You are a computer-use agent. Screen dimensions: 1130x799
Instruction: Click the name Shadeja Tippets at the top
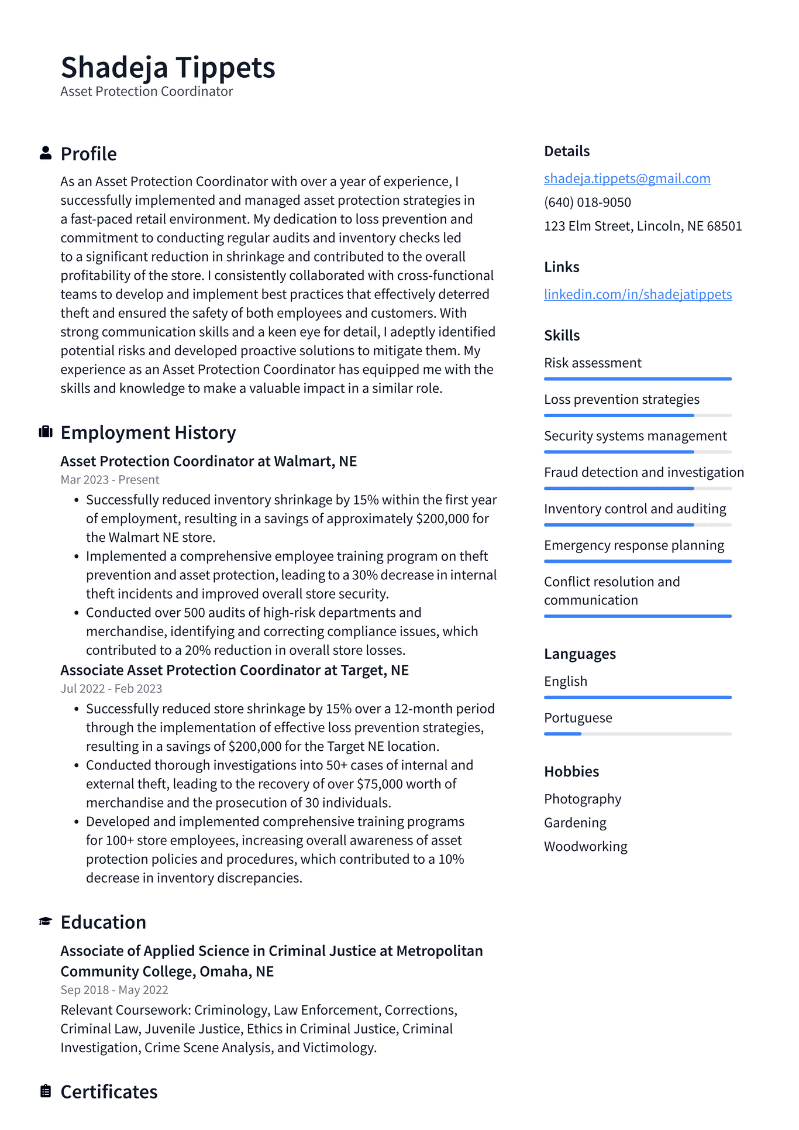point(168,67)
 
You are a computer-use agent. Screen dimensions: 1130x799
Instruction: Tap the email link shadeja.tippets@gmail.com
point(627,178)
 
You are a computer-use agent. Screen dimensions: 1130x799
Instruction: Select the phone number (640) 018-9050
point(587,202)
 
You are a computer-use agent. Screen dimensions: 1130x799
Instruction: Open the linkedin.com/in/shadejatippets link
point(638,294)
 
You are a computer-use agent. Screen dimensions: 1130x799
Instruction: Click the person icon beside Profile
point(46,153)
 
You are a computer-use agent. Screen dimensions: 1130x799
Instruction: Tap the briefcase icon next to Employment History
point(46,432)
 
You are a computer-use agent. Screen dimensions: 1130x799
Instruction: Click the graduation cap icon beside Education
point(46,922)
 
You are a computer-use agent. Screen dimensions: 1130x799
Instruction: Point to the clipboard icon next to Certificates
point(46,1091)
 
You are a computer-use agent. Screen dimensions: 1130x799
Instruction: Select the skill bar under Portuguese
point(638,734)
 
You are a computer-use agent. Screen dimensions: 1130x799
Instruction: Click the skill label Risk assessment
point(593,363)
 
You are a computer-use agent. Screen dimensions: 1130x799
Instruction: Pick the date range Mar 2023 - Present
point(110,480)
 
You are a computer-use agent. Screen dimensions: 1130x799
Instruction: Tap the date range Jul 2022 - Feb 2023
point(111,689)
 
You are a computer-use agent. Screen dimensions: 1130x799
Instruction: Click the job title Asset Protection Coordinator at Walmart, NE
point(208,461)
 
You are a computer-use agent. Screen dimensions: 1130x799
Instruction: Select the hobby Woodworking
point(586,847)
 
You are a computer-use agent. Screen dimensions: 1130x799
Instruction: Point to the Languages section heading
point(580,654)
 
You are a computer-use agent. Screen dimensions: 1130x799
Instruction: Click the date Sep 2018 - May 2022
point(114,990)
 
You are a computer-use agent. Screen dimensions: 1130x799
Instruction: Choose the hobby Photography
point(583,799)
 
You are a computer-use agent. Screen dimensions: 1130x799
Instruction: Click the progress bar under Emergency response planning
point(638,562)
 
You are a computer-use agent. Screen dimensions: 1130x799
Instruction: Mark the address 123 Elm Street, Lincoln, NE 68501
point(643,226)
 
